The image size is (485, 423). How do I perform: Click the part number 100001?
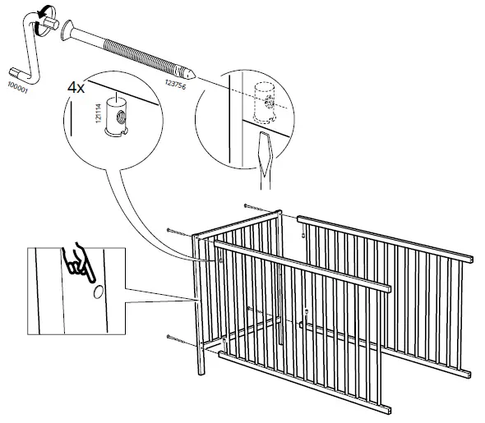[x=17, y=87]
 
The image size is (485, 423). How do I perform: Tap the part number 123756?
[x=176, y=85]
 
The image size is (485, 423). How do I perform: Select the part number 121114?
[x=99, y=113]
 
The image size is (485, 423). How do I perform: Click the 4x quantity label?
[x=76, y=87]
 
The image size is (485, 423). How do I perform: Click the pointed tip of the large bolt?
[x=191, y=74]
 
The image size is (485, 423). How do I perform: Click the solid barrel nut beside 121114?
[x=116, y=117]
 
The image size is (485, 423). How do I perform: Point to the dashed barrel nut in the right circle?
[x=265, y=103]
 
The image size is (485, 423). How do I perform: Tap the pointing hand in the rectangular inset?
[x=78, y=263]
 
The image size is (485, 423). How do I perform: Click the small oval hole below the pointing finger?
[x=99, y=292]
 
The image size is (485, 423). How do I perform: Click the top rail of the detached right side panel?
[x=385, y=239]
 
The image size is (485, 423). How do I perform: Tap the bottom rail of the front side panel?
[x=305, y=382]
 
